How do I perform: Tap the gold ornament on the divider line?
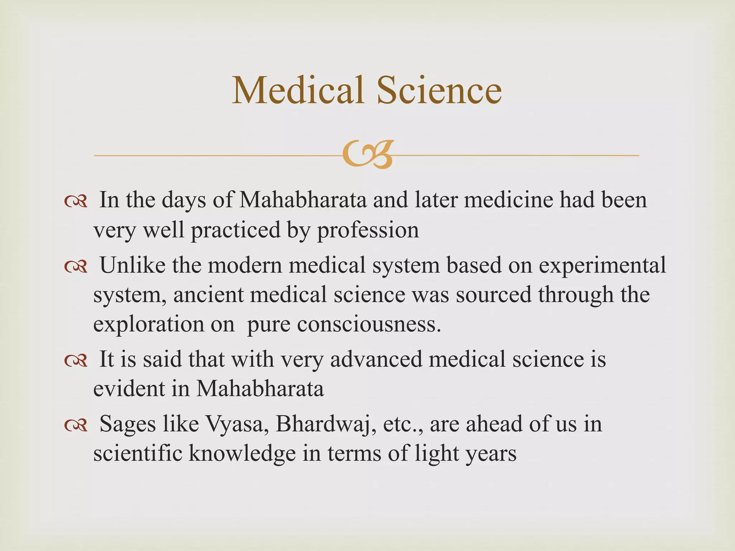point(367,155)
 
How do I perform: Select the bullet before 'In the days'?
point(76,202)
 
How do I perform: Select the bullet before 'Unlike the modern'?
point(76,267)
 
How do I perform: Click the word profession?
point(368,230)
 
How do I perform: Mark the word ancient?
point(209,295)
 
